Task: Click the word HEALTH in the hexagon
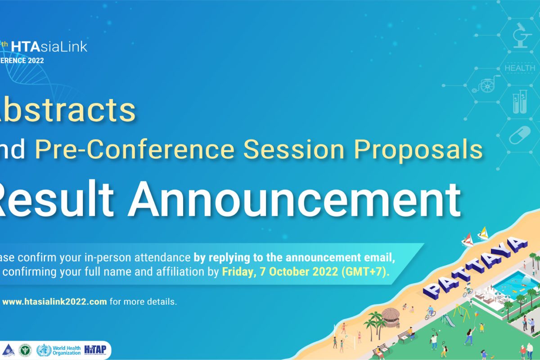point(520,68)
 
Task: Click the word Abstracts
point(67,111)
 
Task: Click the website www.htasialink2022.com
point(54,301)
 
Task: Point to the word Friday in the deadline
point(236,273)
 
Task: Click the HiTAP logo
point(95,350)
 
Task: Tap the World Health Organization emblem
point(44,350)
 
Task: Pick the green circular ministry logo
point(25,350)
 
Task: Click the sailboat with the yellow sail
point(483,233)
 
